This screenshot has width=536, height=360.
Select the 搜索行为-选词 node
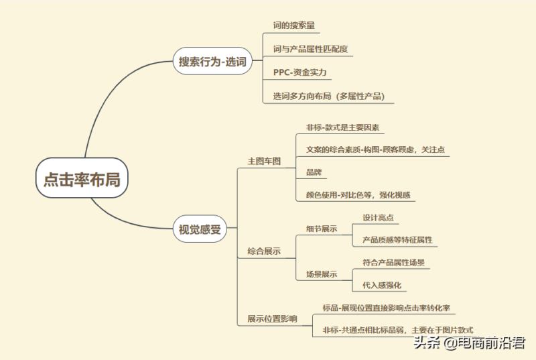[212, 62]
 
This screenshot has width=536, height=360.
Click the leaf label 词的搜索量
[294, 26]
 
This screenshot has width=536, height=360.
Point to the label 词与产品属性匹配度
[310, 49]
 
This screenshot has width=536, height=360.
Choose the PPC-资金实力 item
[299, 72]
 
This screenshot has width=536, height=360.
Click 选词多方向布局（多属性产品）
[328, 95]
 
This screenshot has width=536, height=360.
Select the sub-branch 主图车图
[264, 161]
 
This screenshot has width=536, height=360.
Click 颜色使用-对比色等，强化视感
[358, 195]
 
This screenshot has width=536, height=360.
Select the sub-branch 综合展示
[264, 251]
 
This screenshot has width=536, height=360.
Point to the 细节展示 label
[321, 229]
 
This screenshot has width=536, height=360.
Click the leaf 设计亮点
[379, 218]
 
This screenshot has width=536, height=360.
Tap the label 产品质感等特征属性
[397, 239]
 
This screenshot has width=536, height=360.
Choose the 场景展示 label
[321, 274]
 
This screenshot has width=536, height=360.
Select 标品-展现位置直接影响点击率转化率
[387, 308]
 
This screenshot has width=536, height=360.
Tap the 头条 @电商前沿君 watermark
[469, 344]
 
